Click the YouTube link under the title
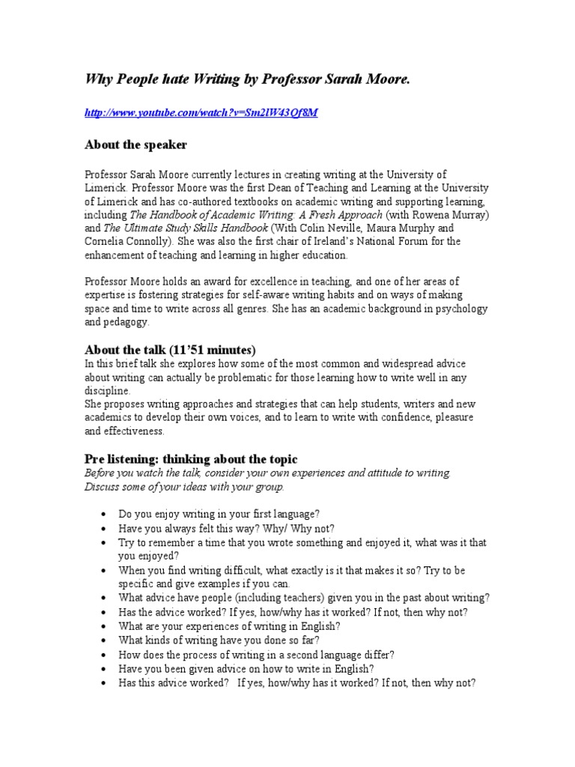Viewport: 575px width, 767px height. click(201, 112)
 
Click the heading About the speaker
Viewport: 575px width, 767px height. click(136, 144)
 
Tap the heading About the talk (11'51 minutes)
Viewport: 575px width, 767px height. click(170, 350)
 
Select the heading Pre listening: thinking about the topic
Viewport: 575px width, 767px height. click(191, 458)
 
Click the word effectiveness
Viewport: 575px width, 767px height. click(134, 431)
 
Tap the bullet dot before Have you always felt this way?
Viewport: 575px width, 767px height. click(102, 527)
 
